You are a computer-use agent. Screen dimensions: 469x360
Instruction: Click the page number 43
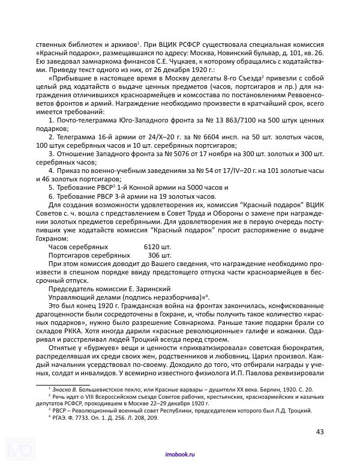(x=319, y=431)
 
